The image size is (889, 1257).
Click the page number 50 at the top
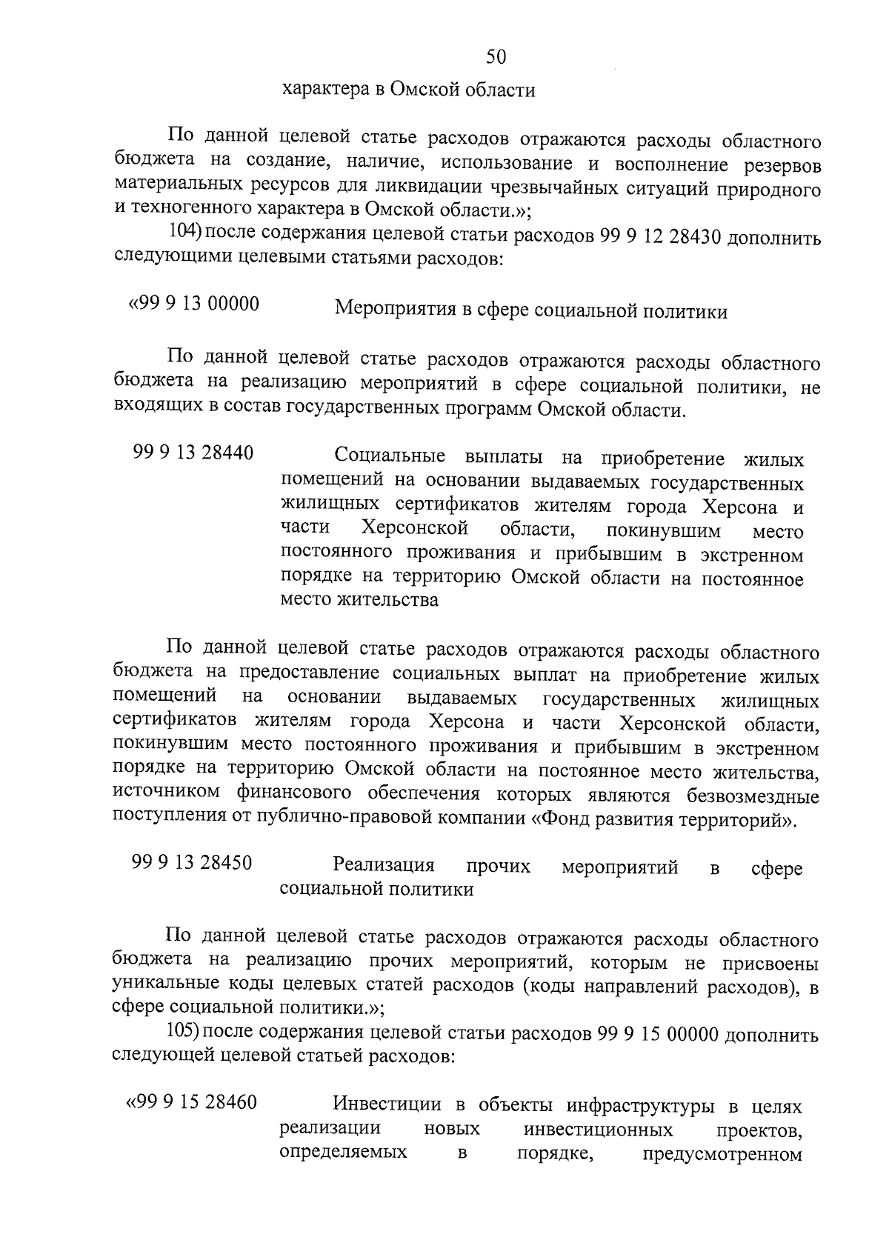point(496,57)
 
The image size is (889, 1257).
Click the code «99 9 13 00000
point(194,304)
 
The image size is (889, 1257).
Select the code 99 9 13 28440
point(193,453)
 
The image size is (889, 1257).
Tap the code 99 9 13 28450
point(192,862)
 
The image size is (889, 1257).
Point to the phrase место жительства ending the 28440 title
point(359,599)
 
